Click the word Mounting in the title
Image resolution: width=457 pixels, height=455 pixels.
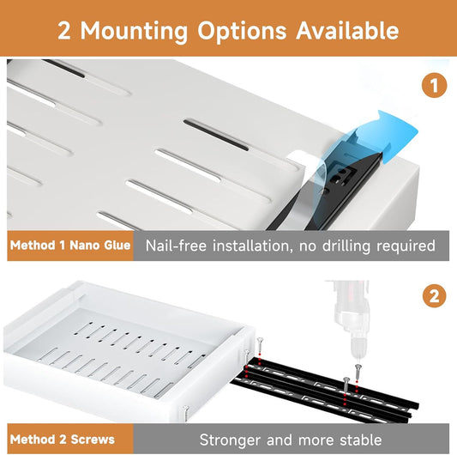click(136, 31)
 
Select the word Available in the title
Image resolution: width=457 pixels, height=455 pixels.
click(347, 30)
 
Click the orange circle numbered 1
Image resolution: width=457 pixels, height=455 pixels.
click(434, 86)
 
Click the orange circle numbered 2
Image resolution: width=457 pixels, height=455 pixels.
click(434, 297)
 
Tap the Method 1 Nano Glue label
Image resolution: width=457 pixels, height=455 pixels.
click(70, 246)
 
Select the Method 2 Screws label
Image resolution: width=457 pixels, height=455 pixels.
click(62, 440)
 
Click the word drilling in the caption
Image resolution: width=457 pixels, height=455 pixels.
click(348, 246)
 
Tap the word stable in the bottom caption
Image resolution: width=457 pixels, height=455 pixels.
click(358, 440)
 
